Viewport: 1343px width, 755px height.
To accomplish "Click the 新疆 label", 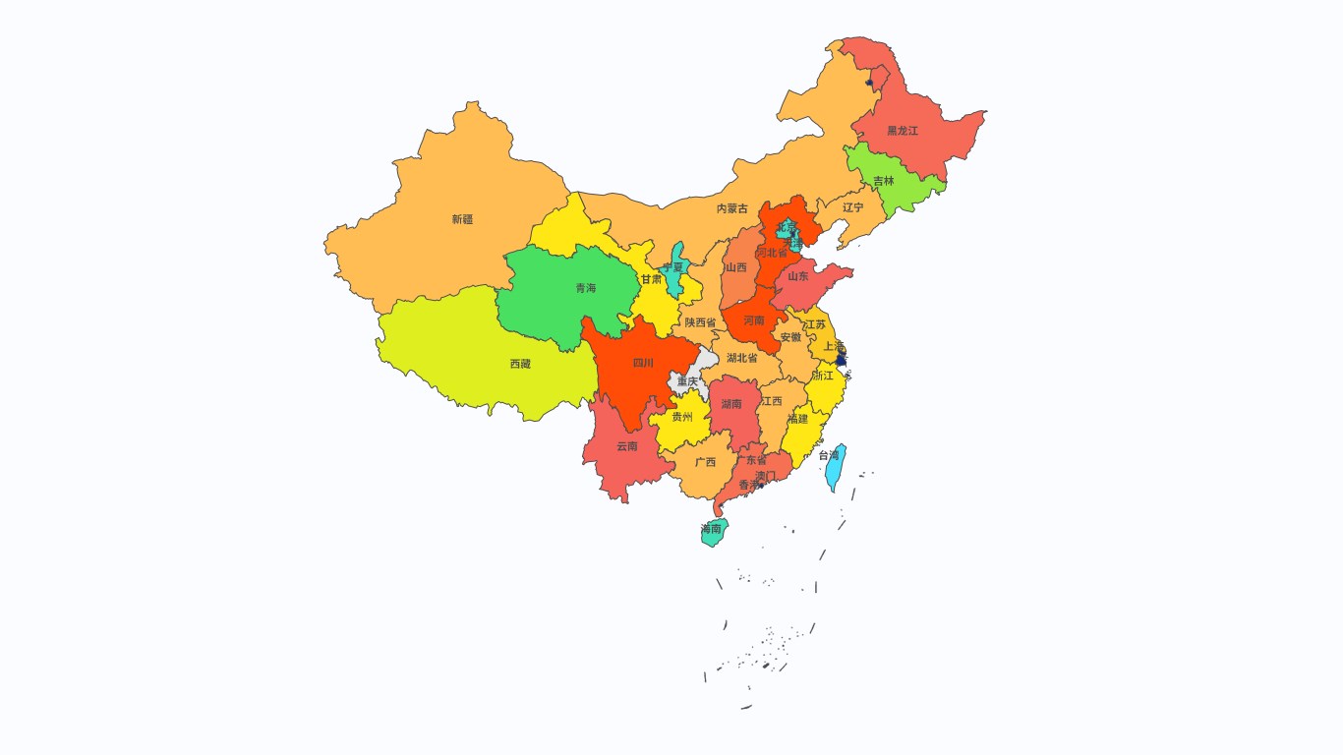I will tap(462, 219).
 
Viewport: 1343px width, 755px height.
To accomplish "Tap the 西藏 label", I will tap(520, 364).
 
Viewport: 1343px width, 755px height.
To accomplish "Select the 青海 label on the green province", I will tap(585, 288).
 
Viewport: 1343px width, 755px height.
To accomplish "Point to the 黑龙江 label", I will tap(902, 130).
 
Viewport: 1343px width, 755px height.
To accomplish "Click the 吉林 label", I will tap(884, 181).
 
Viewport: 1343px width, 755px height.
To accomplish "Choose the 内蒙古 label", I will tap(731, 208).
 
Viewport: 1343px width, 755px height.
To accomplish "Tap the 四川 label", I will tap(643, 363).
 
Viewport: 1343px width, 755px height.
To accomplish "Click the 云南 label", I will tap(626, 446).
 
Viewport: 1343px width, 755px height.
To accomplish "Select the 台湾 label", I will tap(829, 455).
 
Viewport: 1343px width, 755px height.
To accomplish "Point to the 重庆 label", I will tap(687, 381).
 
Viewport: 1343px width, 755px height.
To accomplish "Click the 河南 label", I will tap(754, 320).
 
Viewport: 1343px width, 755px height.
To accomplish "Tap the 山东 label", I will tap(797, 276).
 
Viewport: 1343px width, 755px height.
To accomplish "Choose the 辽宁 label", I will tap(852, 207).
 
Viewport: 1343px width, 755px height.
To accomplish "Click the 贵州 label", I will tap(682, 417).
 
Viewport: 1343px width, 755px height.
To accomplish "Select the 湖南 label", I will tap(731, 404).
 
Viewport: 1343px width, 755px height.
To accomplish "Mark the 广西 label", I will tap(705, 462).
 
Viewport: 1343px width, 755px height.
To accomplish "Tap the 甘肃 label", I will tap(651, 279).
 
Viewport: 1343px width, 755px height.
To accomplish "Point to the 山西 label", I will tap(735, 267).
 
